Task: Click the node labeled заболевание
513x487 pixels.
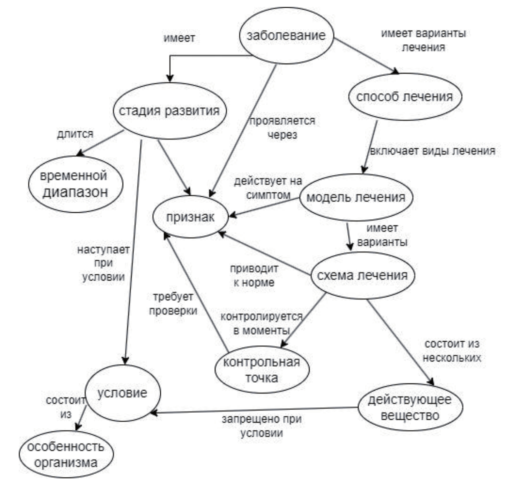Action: pyautogui.click(x=286, y=35)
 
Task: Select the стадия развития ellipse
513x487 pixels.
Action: pyautogui.click(x=169, y=111)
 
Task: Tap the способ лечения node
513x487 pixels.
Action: pyautogui.click(x=404, y=97)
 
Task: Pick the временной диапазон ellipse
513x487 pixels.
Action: pyautogui.click(x=75, y=184)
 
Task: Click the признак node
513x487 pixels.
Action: pyautogui.click(x=190, y=217)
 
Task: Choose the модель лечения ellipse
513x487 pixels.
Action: pyautogui.click(x=356, y=197)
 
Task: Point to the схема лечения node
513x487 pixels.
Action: pyautogui.click(x=363, y=275)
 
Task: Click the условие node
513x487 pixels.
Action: pyautogui.click(x=122, y=393)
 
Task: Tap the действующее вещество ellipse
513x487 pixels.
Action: pyautogui.click(x=410, y=407)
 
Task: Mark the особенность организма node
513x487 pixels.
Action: pyautogui.click(x=66, y=454)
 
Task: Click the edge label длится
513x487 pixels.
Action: pyautogui.click(x=75, y=134)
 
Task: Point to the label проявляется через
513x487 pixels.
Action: pyautogui.click(x=282, y=128)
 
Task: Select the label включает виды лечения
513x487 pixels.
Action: pyautogui.click(x=432, y=151)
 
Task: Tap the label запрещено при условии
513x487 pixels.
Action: pyautogui.click(x=262, y=426)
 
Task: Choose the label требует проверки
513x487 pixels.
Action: pyautogui.click(x=173, y=304)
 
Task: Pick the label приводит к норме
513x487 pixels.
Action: pyautogui.click(x=254, y=276)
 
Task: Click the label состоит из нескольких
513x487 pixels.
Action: pyautogui.click(x=452, y=350)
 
